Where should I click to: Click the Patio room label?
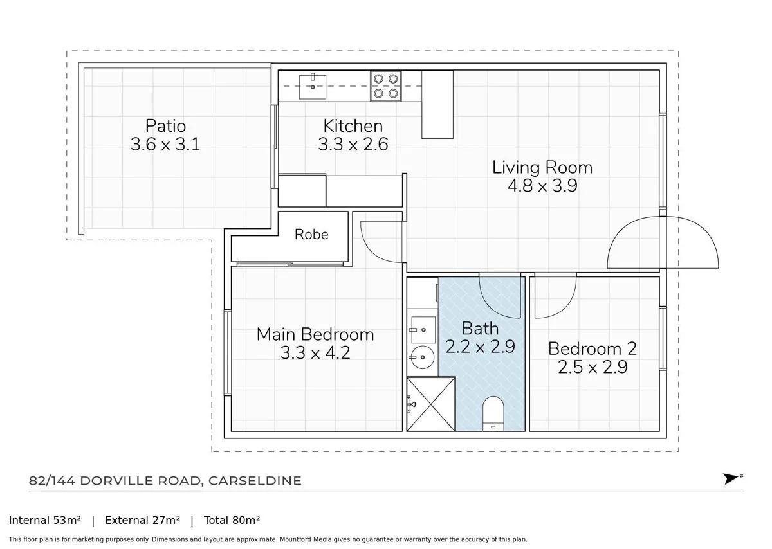click(x=165, y=125)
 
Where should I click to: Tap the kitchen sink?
click(x=313, y=86)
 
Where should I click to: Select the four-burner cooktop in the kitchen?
click(x=385, y=86)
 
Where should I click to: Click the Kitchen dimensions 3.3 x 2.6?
click(x=353, y=144)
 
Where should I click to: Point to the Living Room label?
click(x=542, y=168)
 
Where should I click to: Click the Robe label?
click(x=311, y=234)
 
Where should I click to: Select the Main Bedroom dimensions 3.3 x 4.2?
click(x=315, y=353)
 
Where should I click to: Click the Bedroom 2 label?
click(x=592, y=348)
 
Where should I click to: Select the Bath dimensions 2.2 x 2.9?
click(x=480, y=347)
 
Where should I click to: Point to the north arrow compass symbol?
click(x=731, y=479)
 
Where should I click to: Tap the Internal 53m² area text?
click(x=45, y=520)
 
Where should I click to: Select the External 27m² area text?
click(x=142, y=520)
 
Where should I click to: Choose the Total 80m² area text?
click(x=232, y=520)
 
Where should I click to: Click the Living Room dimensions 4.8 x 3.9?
click(x=542, y=186)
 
